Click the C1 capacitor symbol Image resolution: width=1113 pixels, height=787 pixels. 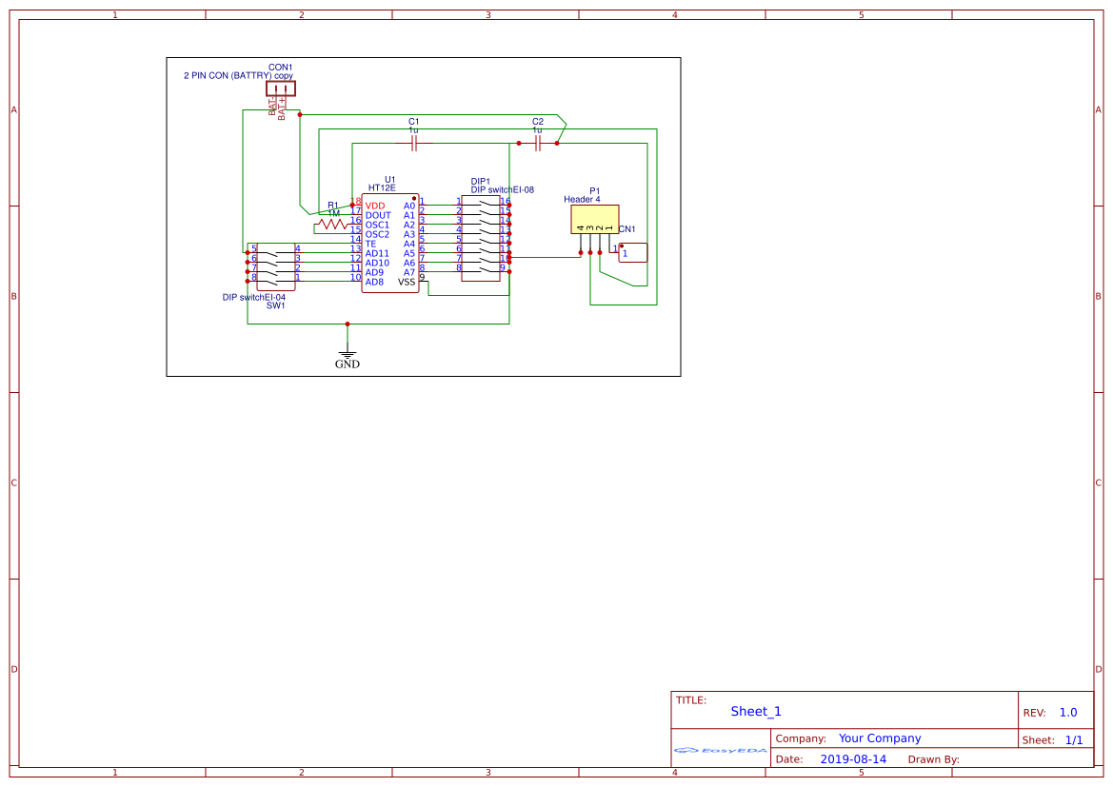(414, 144)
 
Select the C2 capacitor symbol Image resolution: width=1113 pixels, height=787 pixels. (538, 144)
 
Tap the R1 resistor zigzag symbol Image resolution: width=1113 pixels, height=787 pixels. (333, 225)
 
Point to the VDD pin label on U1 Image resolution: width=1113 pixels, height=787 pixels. (375, 206)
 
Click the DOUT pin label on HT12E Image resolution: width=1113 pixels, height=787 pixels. (378, 215)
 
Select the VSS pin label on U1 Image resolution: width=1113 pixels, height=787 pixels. (407, 282)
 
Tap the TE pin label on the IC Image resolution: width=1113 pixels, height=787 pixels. (370, 244)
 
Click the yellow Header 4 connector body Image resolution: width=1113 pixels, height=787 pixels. (594, 220)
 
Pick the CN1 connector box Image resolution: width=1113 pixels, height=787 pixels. (633, 252)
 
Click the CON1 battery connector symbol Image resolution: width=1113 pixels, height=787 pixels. (281, 89)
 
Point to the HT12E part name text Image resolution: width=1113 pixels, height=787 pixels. (382, 188)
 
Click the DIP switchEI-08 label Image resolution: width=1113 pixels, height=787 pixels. (502, 189)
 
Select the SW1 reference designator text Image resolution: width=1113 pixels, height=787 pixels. (275, 305)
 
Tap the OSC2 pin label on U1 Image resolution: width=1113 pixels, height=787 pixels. (377, 234)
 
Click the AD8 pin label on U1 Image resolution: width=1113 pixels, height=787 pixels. (374, 282)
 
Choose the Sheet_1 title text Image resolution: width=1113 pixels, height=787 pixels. (756, 711)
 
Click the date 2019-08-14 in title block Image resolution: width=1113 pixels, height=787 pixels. (852, 759)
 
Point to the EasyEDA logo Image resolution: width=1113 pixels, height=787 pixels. (721, 751)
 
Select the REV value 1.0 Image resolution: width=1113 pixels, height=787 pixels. (1068, 713)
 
